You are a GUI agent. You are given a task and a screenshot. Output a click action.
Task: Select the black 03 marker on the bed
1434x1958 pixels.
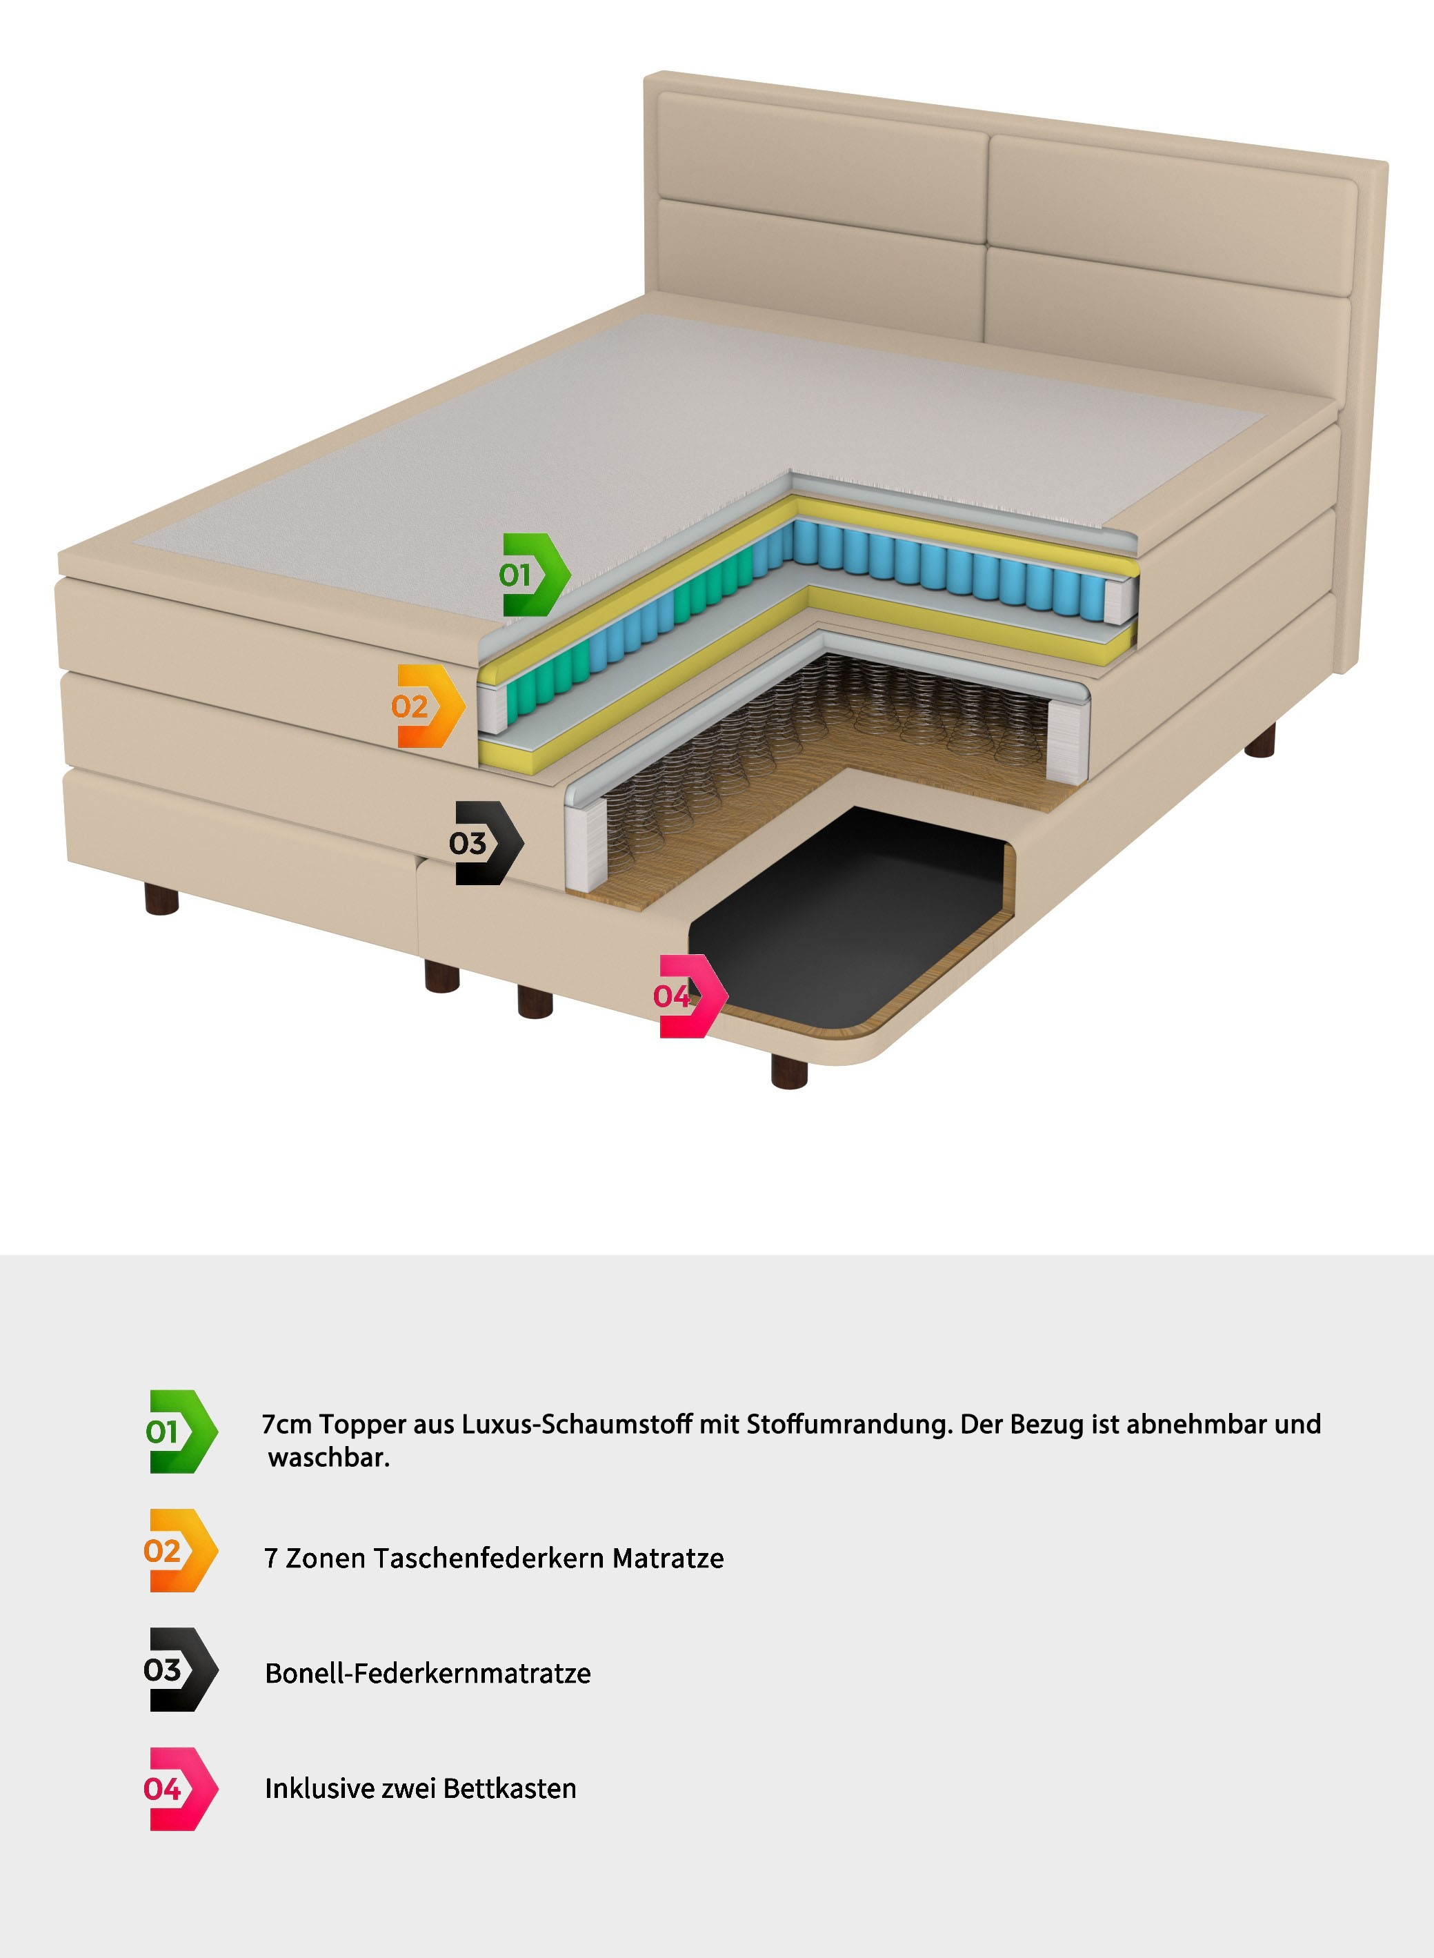coord(487,842)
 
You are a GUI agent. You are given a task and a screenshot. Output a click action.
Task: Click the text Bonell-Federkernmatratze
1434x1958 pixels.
coord(427,1673)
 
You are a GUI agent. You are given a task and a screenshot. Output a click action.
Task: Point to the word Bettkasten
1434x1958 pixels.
coord(510,1789)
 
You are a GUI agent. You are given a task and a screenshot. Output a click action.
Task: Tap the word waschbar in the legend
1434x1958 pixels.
coord(328,1458)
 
